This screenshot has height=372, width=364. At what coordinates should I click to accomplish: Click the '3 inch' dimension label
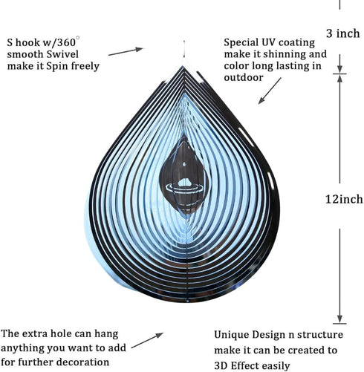tap(342, 33)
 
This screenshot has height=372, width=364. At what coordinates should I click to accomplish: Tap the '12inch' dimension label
tap(344, 199)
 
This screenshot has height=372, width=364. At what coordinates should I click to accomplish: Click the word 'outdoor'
tap(244, 77)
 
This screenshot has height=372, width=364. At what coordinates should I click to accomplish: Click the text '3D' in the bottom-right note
tap(221, 365)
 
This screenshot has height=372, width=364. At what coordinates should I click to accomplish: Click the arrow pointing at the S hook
tap(126, 51)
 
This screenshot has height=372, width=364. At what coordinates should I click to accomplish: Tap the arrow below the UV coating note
tap(270, 91)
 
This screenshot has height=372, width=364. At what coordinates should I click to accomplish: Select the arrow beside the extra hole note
tap(147, 340)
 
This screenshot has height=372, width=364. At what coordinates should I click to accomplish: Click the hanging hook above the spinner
tap(184, 49)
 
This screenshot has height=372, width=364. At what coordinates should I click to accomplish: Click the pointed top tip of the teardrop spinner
tap(183, 66)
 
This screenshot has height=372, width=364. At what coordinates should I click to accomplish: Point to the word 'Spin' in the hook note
tap(58, 66)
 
